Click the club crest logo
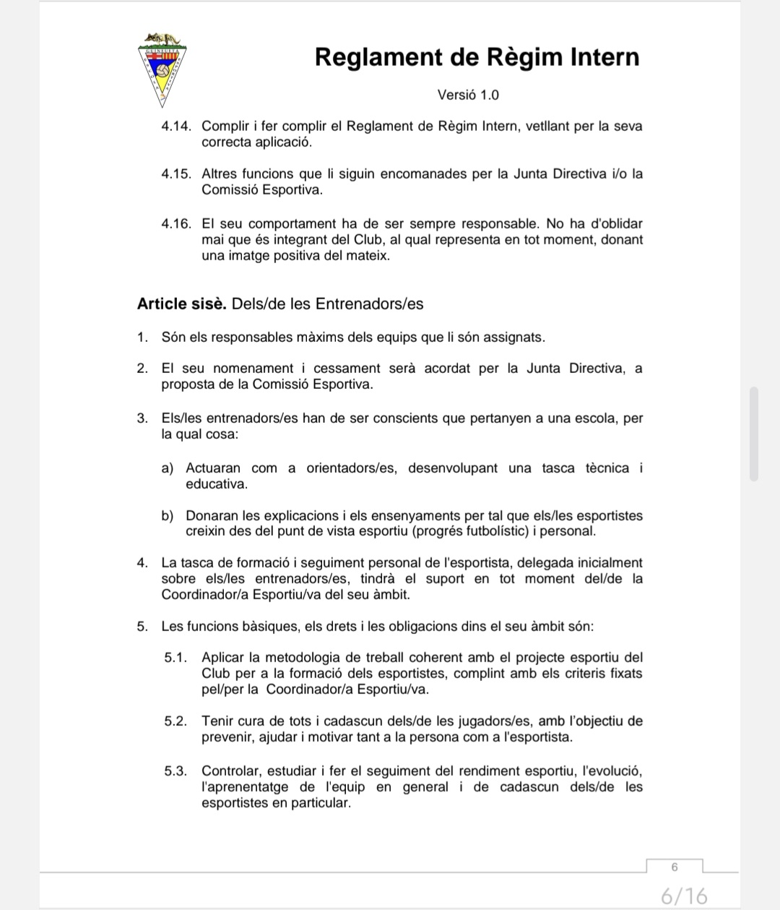pyautogui.click(x=163, y=67)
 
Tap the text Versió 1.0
pyautogui.click(x=468, y=95)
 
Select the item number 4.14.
pyautogui.click(x=176, y=126)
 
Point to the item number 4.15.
pyautogui.click(x=176, y=174)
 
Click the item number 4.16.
pyautogui.click(x=176, y=224)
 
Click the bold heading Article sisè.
pyautogui.click(x=181, y=304)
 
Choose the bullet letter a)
pyautogui.click(x=168, y=468)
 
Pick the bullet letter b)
pyautogui.click(x=168, y=516)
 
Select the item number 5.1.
pyautogui.click(x=175, y=658)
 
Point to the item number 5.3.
pyautogui.click(x=175, y=771)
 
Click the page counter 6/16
pyautogui.click(x=684, y=896)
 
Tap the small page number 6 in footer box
pyautogui.click(x=675, y=867)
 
